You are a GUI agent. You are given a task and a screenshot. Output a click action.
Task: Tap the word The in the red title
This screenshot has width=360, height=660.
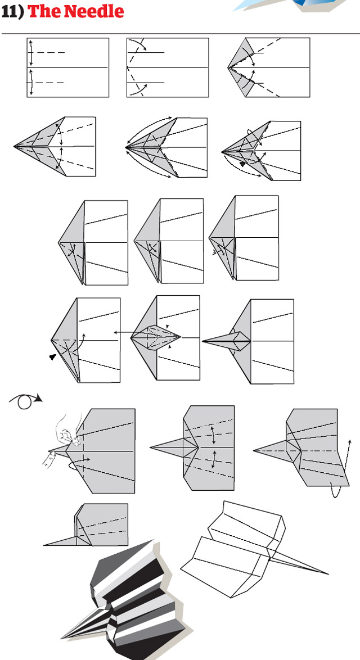coord(42,11)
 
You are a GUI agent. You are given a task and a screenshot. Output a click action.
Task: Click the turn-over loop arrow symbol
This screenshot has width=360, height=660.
coord(25,401)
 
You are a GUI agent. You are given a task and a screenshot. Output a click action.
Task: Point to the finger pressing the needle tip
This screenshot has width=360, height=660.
coord(48,459)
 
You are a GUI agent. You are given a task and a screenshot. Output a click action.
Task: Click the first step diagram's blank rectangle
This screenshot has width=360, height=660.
coord(68,67)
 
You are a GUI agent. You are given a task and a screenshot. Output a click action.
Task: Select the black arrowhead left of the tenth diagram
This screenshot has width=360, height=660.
coord(52,357)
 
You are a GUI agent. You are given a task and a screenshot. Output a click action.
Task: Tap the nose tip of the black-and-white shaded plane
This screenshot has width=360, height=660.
coord(62,637)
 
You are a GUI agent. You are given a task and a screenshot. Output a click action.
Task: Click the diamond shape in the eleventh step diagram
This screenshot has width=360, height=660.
coord(156,337)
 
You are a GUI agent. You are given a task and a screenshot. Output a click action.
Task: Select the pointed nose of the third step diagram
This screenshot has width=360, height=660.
coord(228,67)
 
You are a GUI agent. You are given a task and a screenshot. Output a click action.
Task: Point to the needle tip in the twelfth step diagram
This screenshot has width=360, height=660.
coord(204,341)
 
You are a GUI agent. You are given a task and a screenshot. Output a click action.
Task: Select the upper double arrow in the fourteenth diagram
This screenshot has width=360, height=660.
coord(214,435)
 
